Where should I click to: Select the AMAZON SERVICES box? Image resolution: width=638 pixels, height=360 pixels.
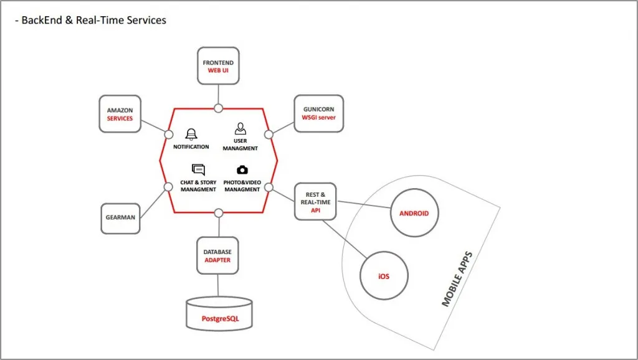click(120, 114)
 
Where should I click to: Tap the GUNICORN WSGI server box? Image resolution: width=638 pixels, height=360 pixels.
click(318, 113)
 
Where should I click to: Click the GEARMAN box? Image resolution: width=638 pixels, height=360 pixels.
click(120, 218)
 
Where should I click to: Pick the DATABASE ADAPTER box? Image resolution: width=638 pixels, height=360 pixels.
click(217, 256)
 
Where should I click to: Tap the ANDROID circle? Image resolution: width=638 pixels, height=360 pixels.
click(414, 214)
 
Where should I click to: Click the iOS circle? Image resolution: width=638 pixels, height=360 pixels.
click(383, 276)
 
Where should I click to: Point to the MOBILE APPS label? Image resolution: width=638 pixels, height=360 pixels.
click(457, 279)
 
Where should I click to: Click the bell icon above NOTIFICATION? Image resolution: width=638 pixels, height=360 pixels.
click(191, 134)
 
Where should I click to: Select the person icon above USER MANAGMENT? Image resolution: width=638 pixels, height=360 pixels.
click(240, 129)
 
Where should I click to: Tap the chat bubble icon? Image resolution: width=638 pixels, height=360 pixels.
click(198, 169)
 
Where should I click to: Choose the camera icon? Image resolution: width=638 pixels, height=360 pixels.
click(242, 170)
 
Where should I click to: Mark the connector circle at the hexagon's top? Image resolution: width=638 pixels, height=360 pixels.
click(218, 108)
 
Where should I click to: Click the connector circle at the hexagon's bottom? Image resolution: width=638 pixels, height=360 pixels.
click(218, 213)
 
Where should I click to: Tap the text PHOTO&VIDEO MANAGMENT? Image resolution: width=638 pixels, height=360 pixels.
click(242, 186)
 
